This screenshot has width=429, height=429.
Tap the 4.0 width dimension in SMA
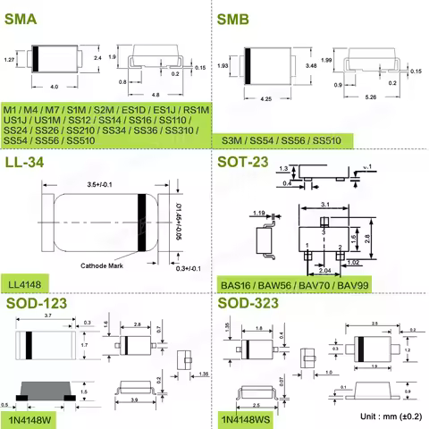54,87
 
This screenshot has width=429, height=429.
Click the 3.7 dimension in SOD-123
48,317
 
